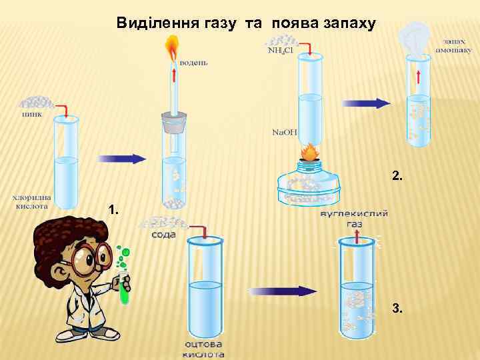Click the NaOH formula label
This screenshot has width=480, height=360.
pyautogui.click(x=284, y=132)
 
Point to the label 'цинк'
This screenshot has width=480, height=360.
pyautogui.click(x=31, y=114)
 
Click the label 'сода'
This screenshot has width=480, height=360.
pyautogui.click(x=163, y=235)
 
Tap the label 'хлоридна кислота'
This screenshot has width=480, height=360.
pyautogui.click(x=32, y=201)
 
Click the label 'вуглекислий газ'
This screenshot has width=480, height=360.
pyautogui.click(x=354, y=219)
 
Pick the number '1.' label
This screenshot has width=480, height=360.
pyautogui.click(x=114, y=211)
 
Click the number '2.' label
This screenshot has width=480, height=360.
pyautogui.click(x=397, y=176)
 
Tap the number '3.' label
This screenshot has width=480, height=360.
pyautogui.click(x=397, y=309)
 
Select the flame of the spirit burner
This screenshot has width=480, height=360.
pyautogui.click(x=309, y=153)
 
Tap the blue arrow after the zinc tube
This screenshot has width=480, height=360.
pyautogui.click(x=122, y=159)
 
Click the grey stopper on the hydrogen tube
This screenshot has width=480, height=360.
pyautogui.click(x=173, y=124)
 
